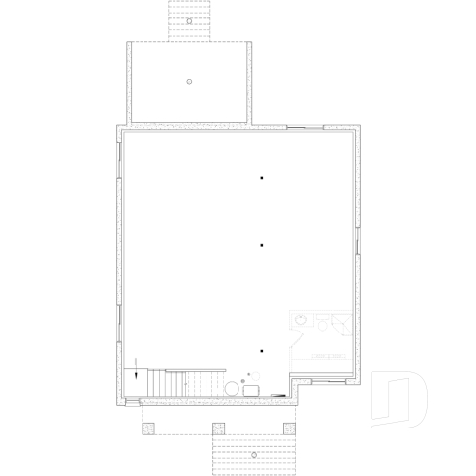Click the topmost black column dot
click(x=261, y=177)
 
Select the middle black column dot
click(x=261, y=245)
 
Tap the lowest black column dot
click(x=261, y=350)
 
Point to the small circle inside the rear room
click(x=190, y=80)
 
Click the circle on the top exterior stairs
click(x=190, y=18)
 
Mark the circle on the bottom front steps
click(x=253, y=454)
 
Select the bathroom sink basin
click(x=301, y=319)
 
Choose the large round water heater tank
click(x=233, y=388)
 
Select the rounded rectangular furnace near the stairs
click(x=251, y=389)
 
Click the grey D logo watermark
click(x=398, y=398)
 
